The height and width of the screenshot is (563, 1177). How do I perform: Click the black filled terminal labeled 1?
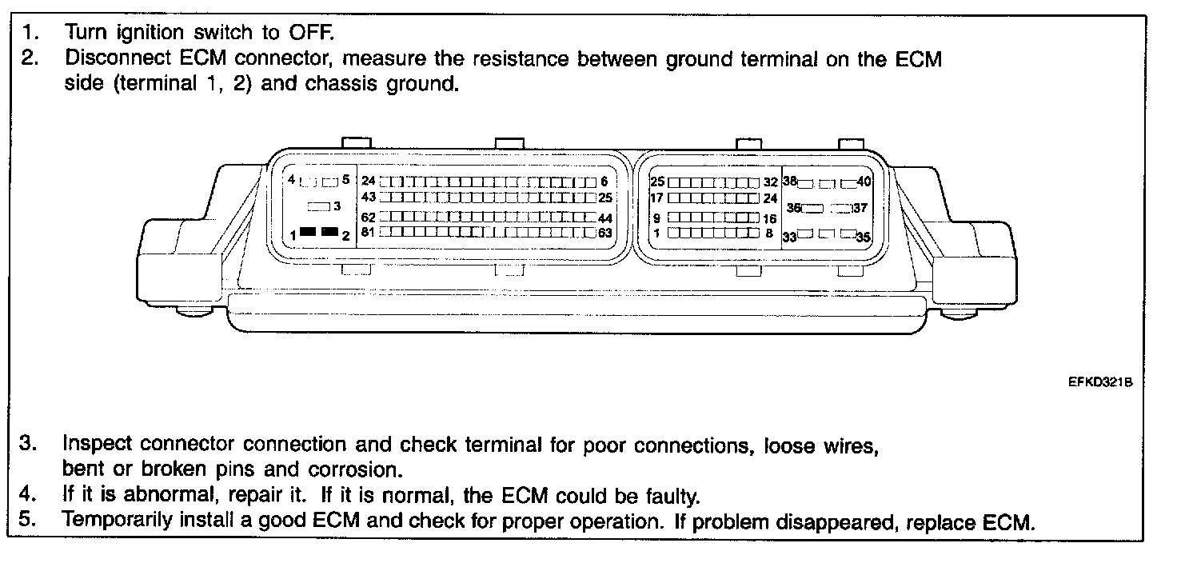307,232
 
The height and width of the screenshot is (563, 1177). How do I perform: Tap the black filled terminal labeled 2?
329,232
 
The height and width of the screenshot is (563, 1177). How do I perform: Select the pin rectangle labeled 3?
319,206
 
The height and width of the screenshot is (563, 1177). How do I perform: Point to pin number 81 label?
369,233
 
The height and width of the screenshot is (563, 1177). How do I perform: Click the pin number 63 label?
604,233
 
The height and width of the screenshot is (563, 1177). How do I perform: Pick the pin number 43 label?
369,197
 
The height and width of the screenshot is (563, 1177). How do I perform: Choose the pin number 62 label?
369,218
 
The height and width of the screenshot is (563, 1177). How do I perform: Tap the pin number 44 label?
604,218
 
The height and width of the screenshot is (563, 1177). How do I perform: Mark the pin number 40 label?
864,182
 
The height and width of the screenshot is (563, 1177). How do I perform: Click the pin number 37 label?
860,208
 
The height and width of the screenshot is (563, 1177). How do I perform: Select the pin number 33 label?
789,237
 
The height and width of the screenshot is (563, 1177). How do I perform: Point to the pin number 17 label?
657,198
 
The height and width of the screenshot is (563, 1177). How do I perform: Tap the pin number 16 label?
770,218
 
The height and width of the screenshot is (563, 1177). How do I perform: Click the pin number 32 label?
770,182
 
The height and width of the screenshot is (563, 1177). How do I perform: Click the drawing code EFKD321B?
1100,383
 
